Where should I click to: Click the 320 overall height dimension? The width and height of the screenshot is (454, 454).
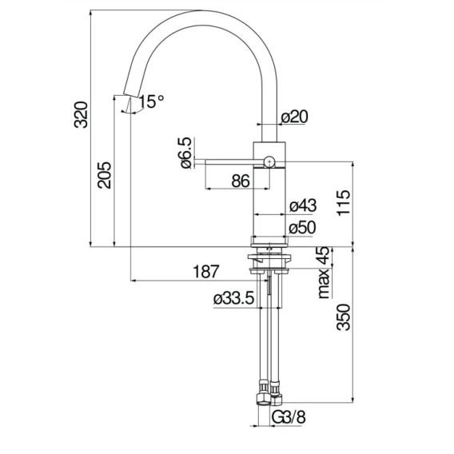81,114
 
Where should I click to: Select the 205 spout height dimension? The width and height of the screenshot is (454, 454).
104,176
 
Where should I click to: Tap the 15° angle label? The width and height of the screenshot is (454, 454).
151,102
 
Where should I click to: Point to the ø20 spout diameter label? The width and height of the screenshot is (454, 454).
295,117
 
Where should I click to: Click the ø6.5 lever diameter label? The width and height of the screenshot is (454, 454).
186,153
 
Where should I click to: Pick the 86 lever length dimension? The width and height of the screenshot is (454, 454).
241,181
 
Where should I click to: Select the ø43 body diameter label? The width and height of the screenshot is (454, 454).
303,205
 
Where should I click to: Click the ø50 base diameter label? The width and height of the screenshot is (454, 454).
302,227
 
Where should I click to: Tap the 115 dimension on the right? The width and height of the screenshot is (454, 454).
344,202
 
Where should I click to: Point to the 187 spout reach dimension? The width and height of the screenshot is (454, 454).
206,271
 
